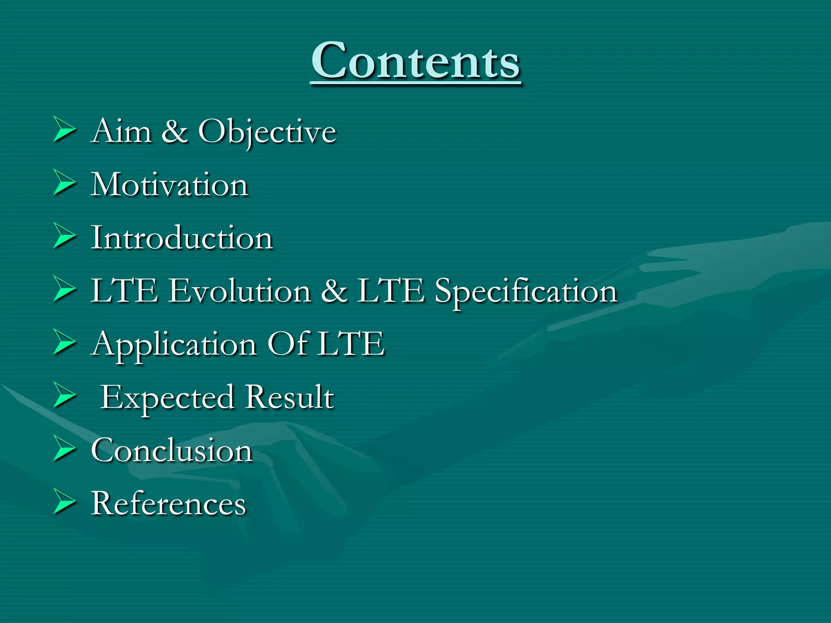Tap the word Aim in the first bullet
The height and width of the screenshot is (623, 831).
point(121,131)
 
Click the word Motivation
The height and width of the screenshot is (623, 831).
point(169,185)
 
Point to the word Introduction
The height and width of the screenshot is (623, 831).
point(181,238)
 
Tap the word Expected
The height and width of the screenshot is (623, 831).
point(167,398)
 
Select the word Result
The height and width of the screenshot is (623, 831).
point(289,397)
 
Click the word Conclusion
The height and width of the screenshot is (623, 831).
point(172,450)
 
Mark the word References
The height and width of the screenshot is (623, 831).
point(168,503)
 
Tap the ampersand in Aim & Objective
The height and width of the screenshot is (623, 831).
point(174,131)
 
